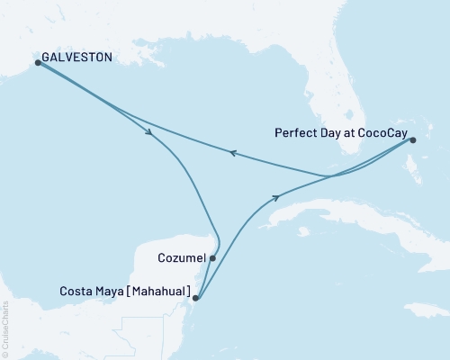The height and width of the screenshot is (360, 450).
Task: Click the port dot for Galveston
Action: [x=38, y=62]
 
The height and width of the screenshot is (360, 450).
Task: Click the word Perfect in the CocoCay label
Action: [x=293, y=131]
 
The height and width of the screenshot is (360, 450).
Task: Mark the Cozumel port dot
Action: [x=212, y=257]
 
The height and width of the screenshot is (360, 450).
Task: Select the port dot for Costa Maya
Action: [x=196, y=300]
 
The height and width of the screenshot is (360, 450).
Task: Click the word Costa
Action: [x=76, y=292]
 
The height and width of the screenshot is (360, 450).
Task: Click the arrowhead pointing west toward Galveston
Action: [x=231, y=154]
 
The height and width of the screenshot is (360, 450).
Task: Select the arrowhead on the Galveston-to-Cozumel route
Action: [x=149, y=134]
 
